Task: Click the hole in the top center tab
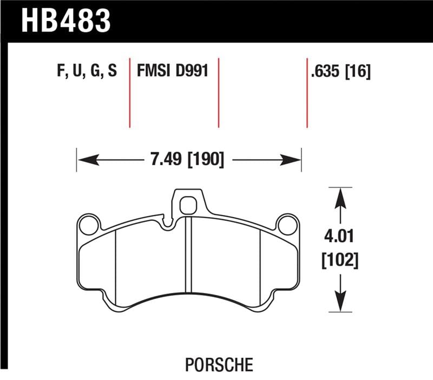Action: coord(187,205)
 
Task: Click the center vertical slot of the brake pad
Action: coord(187,254)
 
